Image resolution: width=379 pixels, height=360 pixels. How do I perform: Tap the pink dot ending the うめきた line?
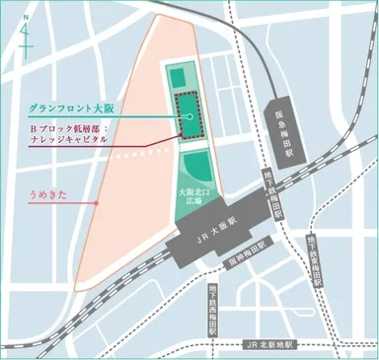tap(96, 204)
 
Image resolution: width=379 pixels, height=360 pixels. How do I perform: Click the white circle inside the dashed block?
tap(185, 117)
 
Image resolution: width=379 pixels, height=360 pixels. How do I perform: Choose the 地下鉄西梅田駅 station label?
tap(212, 302)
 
